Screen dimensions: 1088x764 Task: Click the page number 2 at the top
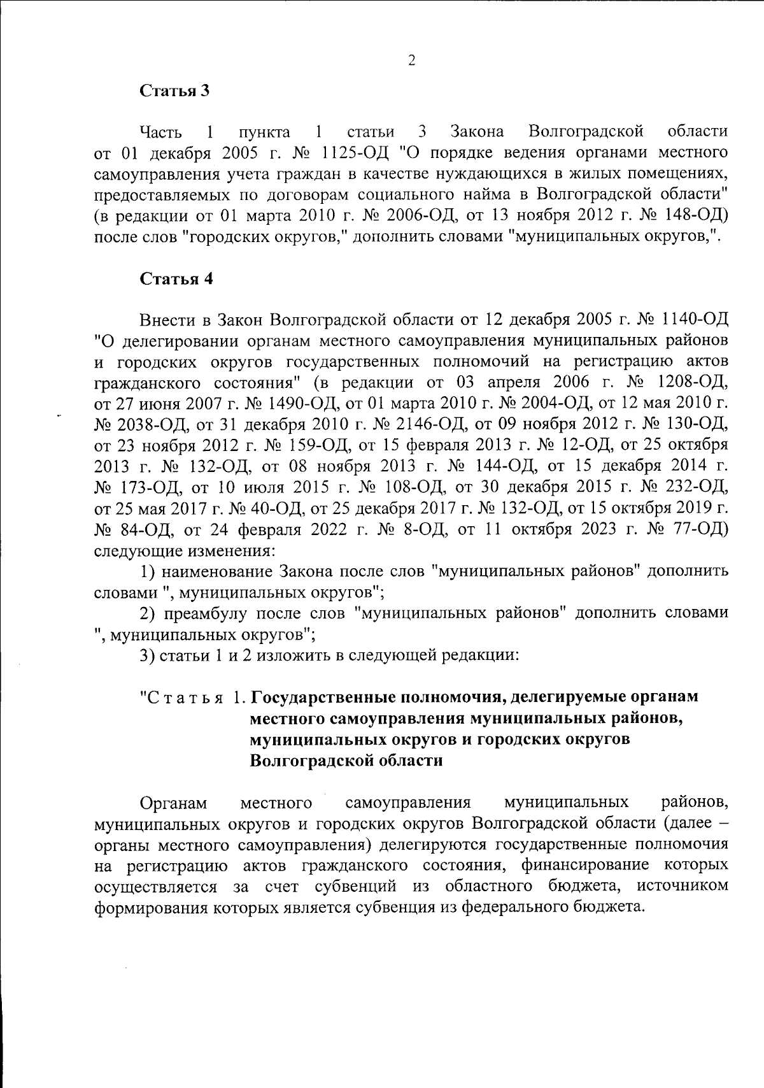(411, 61)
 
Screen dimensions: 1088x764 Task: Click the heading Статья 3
(175, 90)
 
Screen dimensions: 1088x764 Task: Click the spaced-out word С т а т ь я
(188, 698)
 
